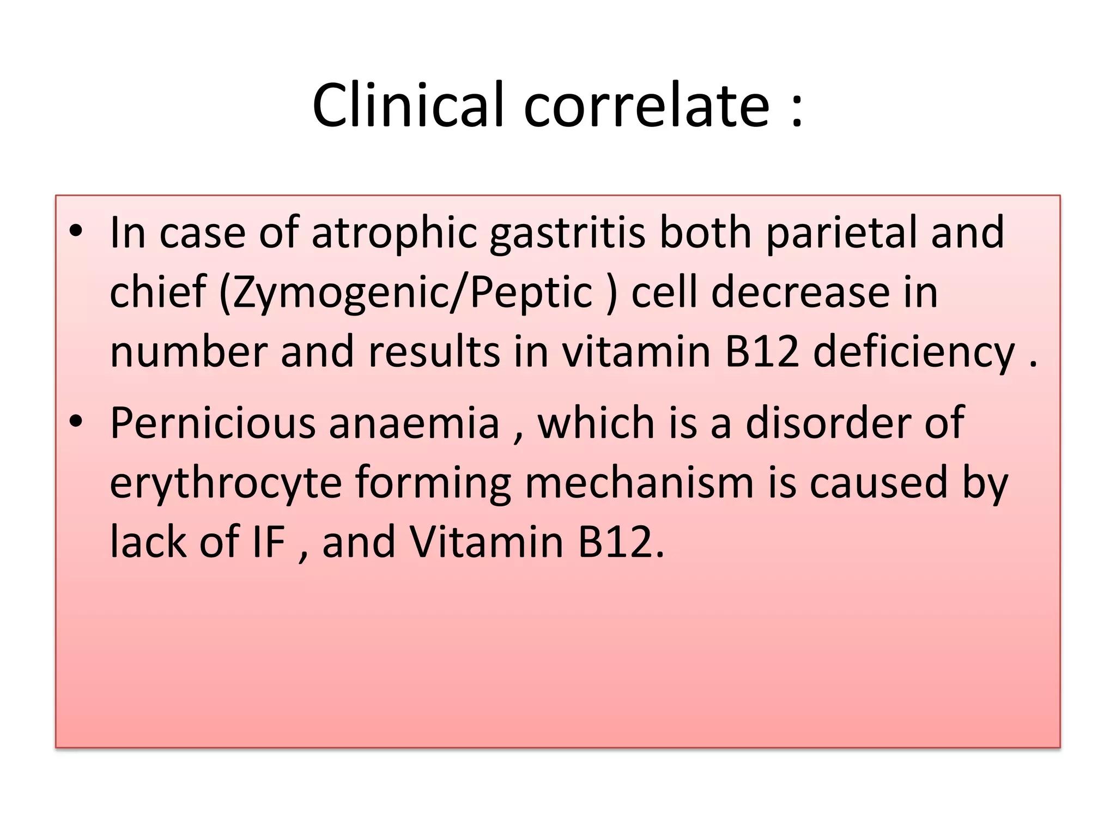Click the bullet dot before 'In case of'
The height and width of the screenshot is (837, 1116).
tap(76, 231)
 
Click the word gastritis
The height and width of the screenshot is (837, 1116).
tap(567, 233)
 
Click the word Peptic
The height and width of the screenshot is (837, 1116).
tap(531, 293)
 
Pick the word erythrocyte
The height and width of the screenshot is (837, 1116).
tap(226, 484)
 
